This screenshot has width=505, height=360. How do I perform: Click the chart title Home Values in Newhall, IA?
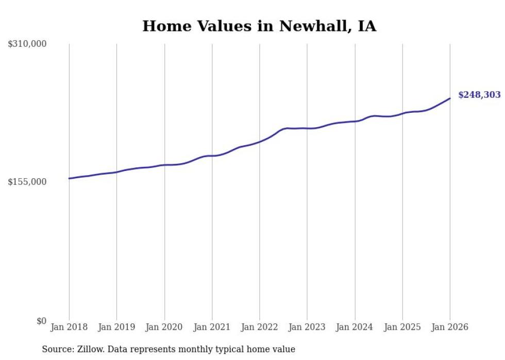pyautogui.click(x=259, y=26)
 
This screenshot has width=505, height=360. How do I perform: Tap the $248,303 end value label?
pyautogui.click(x=479, y=95)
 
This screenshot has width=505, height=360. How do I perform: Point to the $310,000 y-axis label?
pyautogui.click(x=27, y=44)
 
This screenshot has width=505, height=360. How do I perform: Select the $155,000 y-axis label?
pyautogui.click(x=27, y=182)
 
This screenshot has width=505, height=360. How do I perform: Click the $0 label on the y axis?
pyautogui.click(x=41, y=321)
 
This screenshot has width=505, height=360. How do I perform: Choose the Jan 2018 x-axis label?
pyautogui.click(x=69, y=327)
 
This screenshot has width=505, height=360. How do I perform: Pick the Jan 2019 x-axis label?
pyautogui.click(x=116, y=327)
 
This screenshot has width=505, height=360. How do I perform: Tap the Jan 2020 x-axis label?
pyautogui.click(x=164, y=327)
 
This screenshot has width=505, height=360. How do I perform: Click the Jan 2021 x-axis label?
pyautogui.click(x=212, y=327)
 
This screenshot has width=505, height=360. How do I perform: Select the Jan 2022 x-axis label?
pyautogui.click(x=259, y=327)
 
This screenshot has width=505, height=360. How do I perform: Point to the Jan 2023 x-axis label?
pyautogui.click(x=307, y=327)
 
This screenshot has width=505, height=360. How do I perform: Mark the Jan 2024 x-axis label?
pyautogui.click(x=355, y=327)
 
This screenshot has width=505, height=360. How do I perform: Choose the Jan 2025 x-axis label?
pyautogui.click(x=402, y=327)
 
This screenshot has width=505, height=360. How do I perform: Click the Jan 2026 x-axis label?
pyautogui.click(x=449, y=327)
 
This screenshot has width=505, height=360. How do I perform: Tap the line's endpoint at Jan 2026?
pyautogui.click(x=450, y=98)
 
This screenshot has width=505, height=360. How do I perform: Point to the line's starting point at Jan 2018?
pyautogui.click(x=69, y=178)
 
